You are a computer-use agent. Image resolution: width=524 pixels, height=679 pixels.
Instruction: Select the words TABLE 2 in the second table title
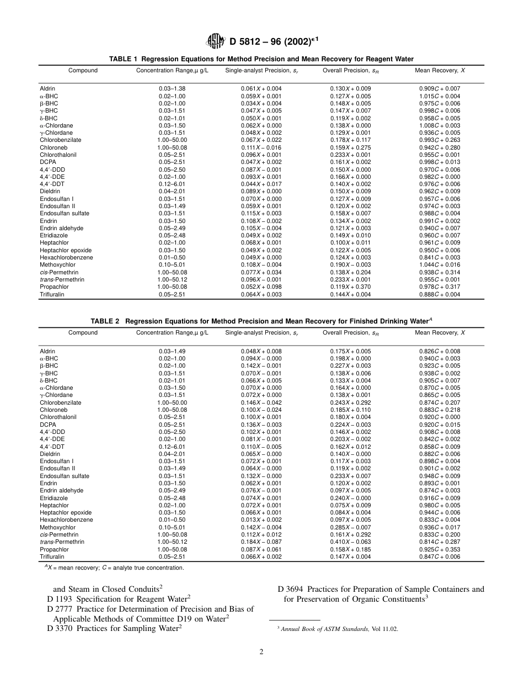(106, 321)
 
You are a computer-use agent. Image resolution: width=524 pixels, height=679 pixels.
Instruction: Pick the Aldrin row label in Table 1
(47, 89)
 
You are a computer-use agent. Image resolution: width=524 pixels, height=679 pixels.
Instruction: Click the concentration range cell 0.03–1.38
(172, 89)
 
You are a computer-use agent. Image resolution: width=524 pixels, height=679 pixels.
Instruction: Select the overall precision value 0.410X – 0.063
(350, 542)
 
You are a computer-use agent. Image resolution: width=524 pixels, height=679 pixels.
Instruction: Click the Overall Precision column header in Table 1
(350, 71)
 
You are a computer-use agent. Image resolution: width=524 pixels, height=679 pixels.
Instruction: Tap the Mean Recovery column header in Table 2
(440, 333)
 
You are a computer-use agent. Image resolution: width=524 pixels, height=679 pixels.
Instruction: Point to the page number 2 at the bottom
(262, 651)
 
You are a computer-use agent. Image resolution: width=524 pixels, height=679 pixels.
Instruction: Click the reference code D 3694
(291, 589)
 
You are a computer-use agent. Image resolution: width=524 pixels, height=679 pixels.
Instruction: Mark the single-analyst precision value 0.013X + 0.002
(261, 520)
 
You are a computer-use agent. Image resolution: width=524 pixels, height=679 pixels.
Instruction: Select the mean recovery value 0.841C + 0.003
(440, 258)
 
